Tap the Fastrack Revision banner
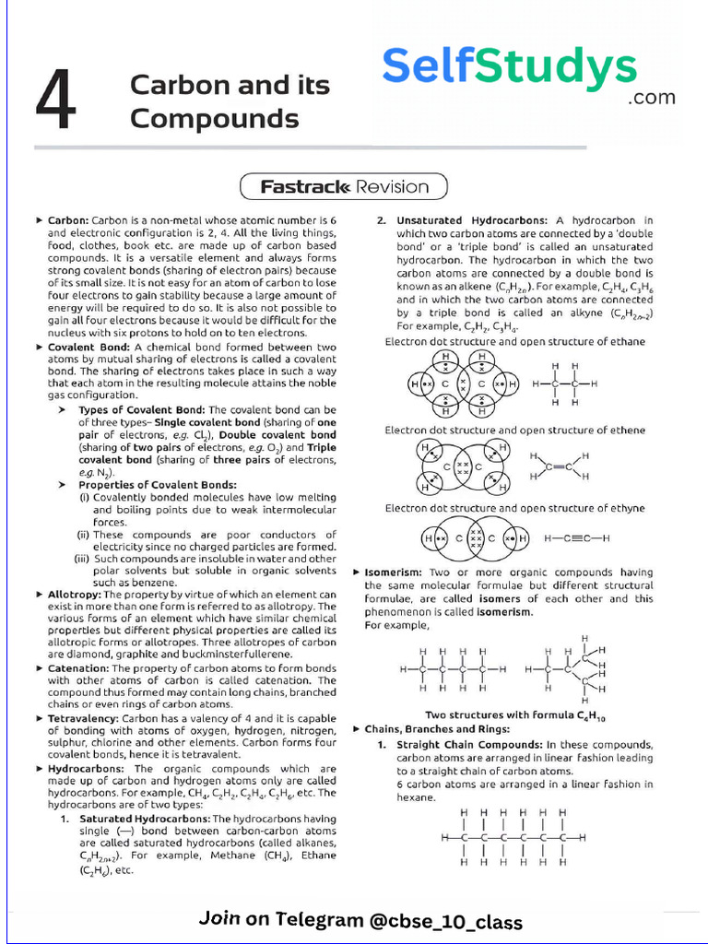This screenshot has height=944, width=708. click(344, 187)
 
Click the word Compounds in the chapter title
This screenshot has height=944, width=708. click(214, 119)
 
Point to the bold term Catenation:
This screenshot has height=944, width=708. click(78, 667)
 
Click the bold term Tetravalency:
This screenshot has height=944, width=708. click(84, 717)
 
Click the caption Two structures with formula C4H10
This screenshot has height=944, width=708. click(521, 714)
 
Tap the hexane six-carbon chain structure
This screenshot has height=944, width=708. click(513, 838)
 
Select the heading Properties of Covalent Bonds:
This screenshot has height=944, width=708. click(145, 484)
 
